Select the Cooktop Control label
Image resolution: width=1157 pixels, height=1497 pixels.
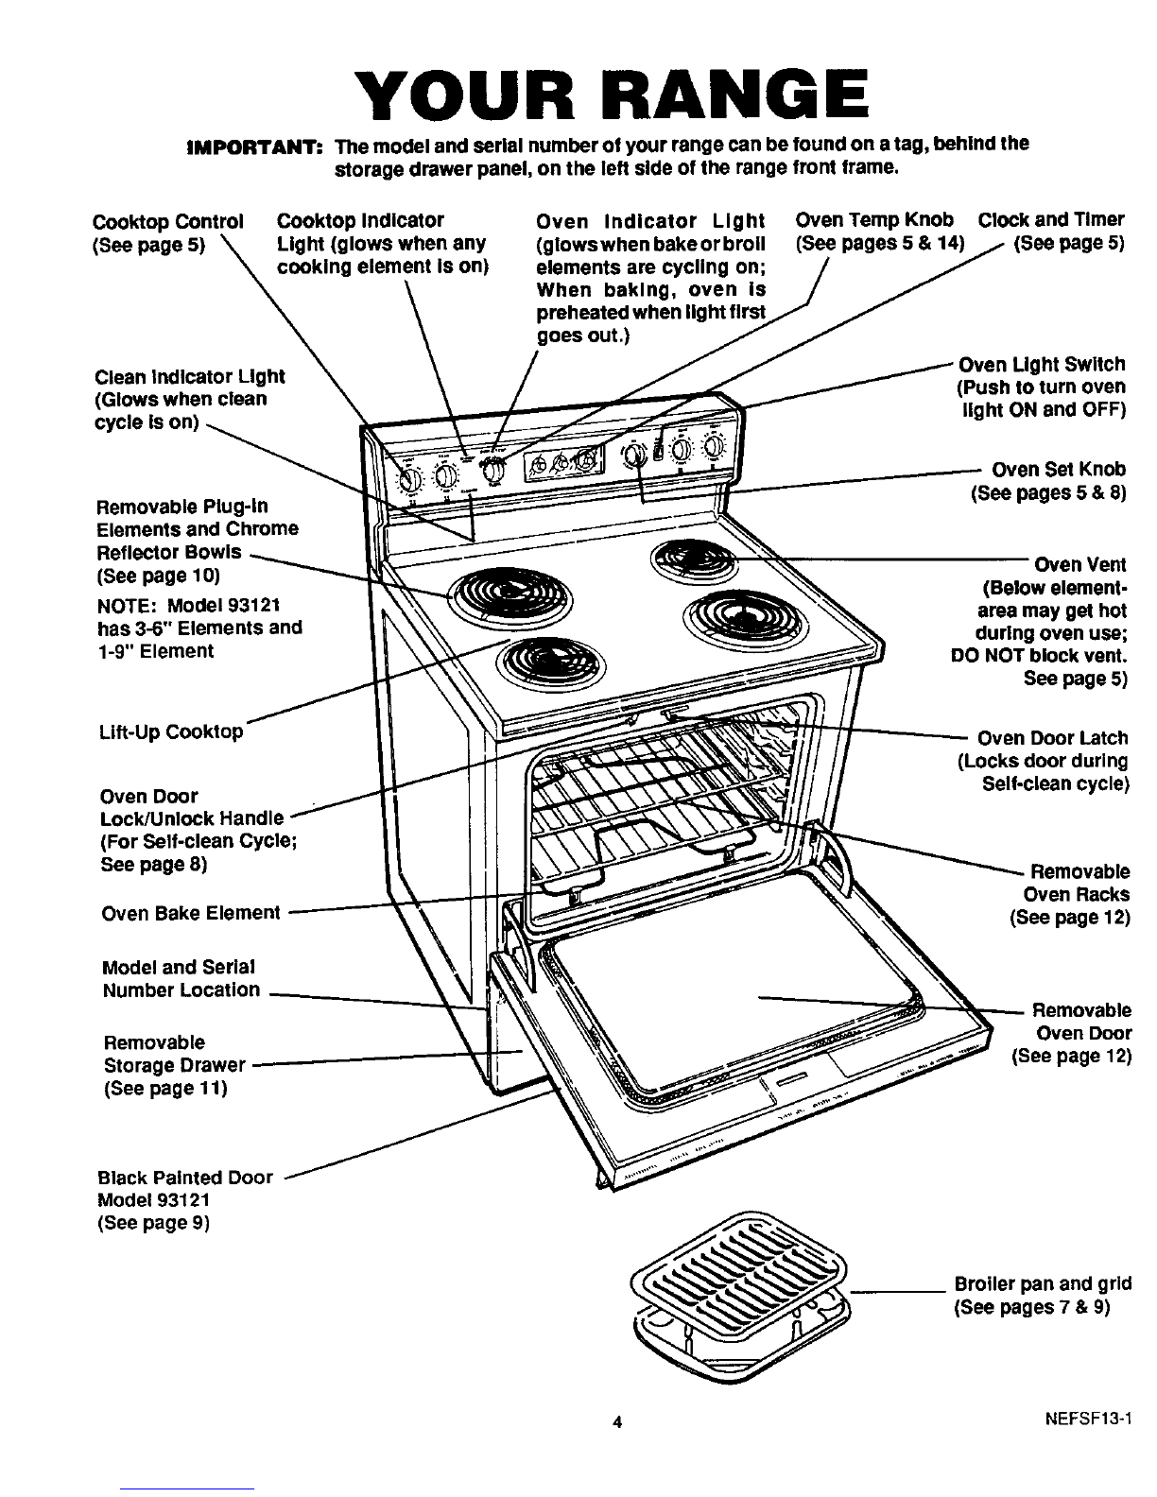168,222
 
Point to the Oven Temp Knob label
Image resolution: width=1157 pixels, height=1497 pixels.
874,220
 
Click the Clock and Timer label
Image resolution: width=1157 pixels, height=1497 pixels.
1051,220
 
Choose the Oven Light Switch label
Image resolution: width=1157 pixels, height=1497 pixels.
1042,365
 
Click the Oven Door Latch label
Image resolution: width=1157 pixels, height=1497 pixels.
1052,738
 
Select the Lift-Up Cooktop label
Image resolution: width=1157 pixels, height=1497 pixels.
171,732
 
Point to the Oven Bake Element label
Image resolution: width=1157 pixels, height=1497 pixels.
190,913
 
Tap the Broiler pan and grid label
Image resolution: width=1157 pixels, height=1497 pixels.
1043,1284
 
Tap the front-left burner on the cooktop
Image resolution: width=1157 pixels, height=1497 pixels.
537,662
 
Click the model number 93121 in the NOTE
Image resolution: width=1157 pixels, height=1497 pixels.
254,605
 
